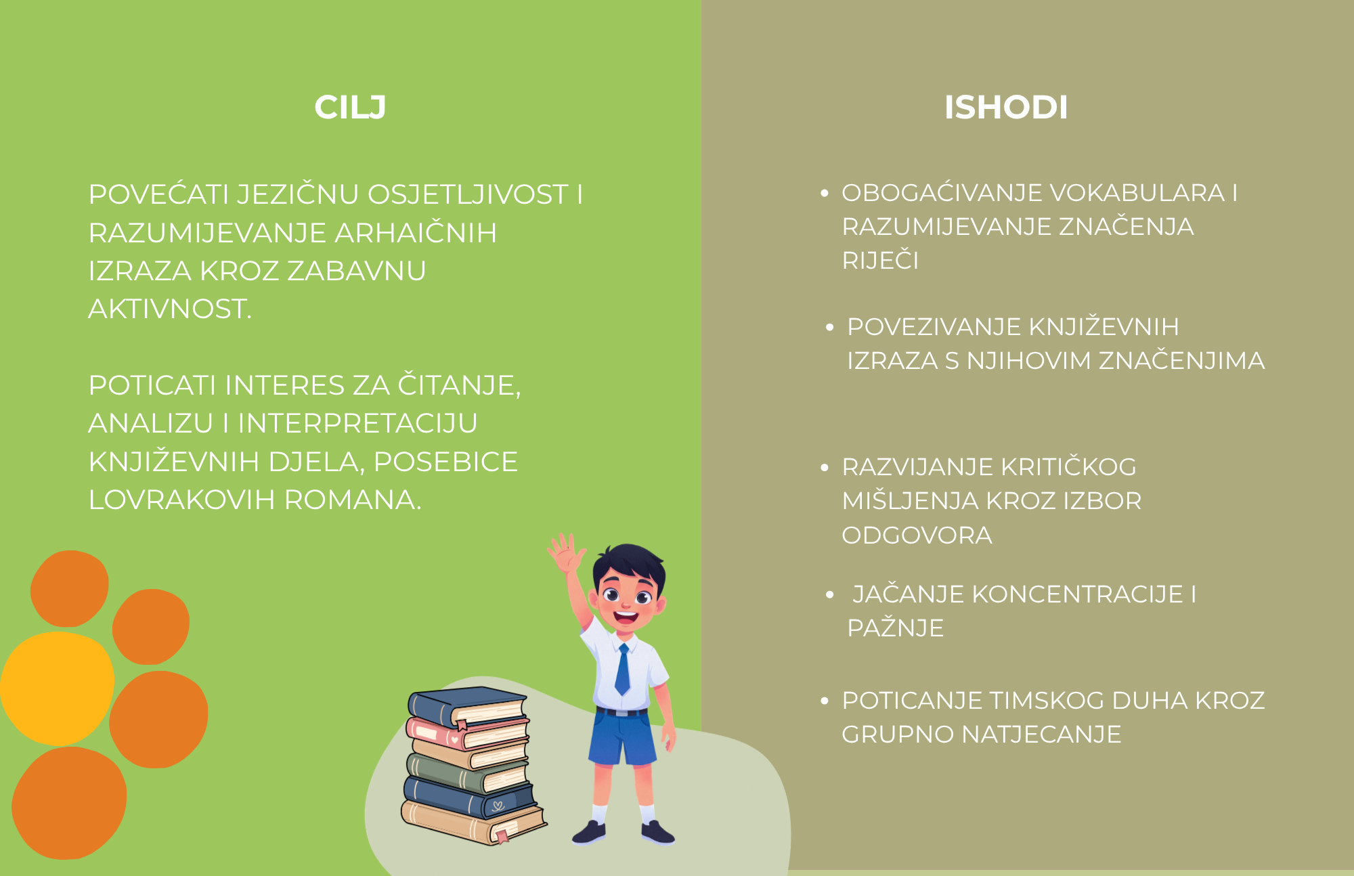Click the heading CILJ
coord(350,108)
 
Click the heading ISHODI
coord(1006,108)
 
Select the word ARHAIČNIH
coord(416,233)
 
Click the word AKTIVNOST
coord(170,309)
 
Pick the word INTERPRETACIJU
coord(357,424)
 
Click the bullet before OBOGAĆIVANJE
coord(825,194)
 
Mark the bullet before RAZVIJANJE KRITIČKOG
coord(825,468)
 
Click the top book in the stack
coord(467,705)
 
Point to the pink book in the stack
coord(467,733)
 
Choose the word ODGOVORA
coord(917,535)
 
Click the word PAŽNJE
coord(895,628)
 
